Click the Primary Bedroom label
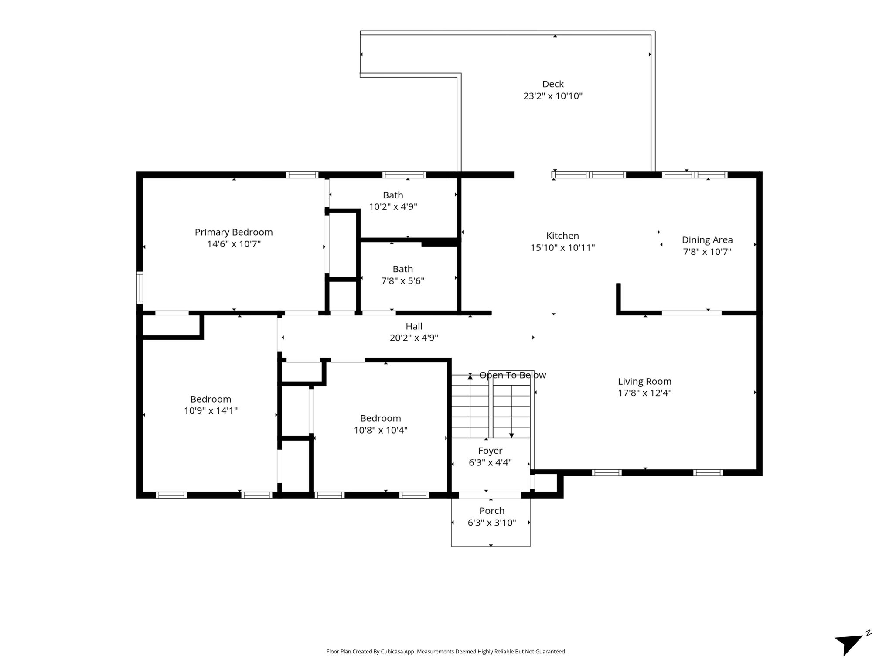point(234,232)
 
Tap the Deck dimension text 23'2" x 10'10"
point(553,96)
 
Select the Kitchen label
point(562,236)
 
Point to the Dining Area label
point(707,240)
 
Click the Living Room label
point(644,382)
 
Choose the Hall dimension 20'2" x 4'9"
point(414,338)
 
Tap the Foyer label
point(490,451)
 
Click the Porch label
point(492,511)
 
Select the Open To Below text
point(512,375)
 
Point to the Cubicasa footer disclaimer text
point(446,652)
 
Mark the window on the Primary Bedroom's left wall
point(140,287)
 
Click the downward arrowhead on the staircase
point(511,435)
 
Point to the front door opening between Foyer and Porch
point(490,495)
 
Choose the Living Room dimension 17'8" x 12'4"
point(644,393)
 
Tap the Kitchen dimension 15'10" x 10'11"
point(562,248)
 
